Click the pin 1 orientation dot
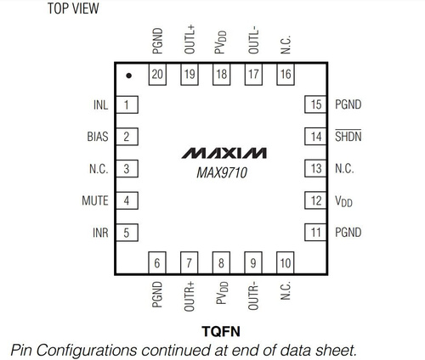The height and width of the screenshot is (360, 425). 128,76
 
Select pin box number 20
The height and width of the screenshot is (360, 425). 157,74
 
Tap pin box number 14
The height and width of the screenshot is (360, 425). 316,137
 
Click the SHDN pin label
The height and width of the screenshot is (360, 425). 348,136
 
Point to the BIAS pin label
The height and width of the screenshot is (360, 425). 98,137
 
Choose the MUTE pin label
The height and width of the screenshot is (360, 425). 95,200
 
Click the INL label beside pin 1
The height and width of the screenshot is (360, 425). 101,105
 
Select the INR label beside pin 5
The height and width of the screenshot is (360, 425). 100,233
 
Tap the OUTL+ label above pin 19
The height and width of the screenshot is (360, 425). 190,39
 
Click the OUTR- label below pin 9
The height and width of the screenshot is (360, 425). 253,295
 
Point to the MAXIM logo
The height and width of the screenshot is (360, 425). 224,153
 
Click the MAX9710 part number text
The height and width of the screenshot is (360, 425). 222,172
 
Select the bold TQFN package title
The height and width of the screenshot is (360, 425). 221,331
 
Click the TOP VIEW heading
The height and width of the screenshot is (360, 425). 73,8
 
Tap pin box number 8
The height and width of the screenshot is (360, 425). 221,263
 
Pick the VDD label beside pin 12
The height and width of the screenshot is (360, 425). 343,201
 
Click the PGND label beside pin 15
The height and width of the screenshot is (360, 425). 348,104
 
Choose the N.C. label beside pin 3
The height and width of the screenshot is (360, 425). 99,169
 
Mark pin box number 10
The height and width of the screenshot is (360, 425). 286,263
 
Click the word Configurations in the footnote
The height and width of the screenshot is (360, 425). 87,350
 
